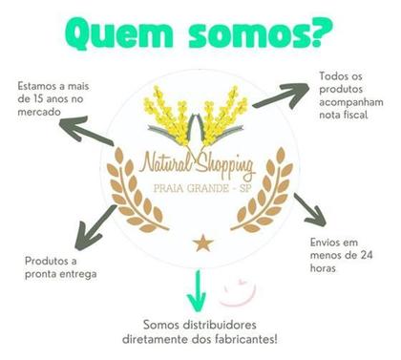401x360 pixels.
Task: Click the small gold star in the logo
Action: (x=202, y=243)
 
